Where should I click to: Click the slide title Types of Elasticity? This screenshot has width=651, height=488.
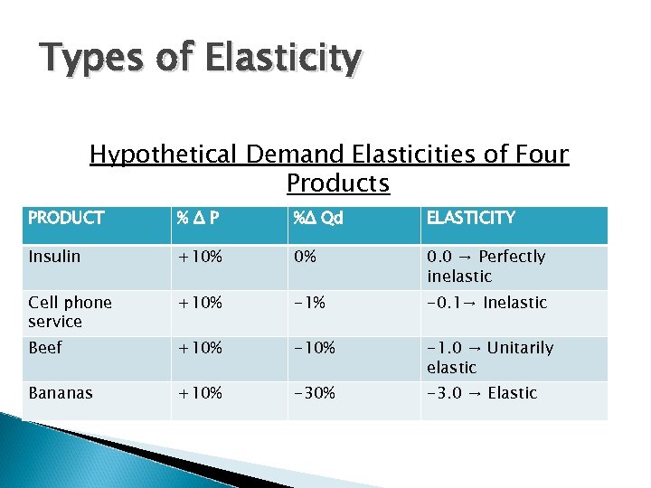point(201,60)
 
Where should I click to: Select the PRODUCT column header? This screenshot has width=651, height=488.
point(66,218)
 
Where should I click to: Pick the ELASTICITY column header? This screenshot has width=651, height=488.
point(470,218)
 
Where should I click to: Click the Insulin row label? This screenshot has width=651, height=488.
point(54,257)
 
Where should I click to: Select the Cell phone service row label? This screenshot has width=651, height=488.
point(70,312)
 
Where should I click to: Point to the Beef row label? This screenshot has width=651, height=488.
point(45,348)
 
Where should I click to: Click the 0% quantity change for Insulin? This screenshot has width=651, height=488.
point(305,257)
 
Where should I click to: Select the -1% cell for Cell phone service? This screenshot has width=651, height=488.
point(308,303)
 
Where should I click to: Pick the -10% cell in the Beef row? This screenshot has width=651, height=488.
point(313,348)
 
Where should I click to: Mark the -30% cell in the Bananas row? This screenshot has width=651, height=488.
point(313,393)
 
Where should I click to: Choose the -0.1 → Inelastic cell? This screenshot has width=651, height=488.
point(486,303)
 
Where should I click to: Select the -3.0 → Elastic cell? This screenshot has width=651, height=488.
point(482,393)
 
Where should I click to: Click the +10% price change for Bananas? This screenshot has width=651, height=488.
point(200,393)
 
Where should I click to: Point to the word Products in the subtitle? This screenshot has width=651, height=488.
point(337,183)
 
